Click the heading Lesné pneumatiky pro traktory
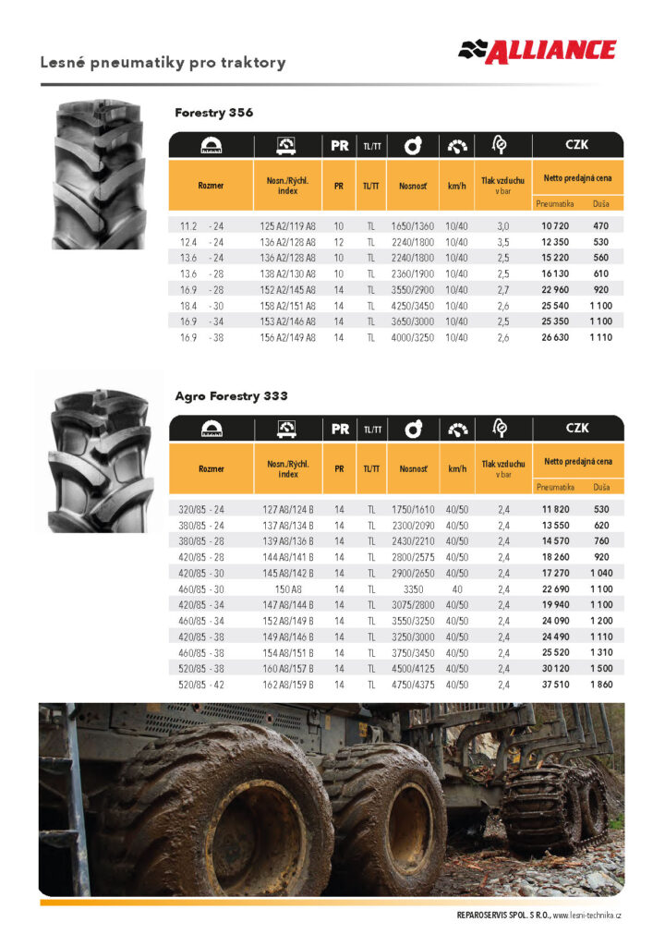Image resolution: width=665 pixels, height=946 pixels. tap(163, 63)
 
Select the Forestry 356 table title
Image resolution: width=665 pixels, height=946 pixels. tap(213, 113)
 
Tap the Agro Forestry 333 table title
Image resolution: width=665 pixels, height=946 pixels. tap(231, 396)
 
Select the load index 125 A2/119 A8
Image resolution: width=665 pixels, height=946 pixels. tap(287, 225)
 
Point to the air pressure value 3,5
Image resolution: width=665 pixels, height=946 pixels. tap(503, 242)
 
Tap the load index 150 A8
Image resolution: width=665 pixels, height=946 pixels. tap(287, 589)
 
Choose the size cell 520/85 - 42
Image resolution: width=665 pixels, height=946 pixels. tap(201, 685)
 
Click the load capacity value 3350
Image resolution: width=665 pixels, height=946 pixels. tap(413, 589)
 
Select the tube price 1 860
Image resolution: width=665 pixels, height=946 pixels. tap(601, 685)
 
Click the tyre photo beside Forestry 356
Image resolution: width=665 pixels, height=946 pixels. tap(99, 175)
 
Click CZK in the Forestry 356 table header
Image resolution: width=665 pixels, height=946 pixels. tap(577, 145)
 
